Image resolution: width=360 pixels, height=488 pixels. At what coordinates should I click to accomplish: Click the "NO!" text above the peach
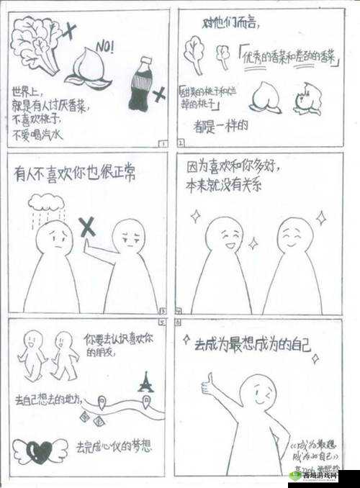click(x=105, y=47)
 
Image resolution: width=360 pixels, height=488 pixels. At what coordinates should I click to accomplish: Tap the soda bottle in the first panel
click(x=139, y=86)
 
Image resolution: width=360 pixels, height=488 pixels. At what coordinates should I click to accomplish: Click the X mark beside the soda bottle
click(x=160, y=92)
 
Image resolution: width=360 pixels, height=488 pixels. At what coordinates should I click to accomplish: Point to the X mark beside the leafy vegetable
click(x=70, y=30)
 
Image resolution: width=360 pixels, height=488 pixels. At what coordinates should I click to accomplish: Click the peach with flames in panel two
click(x=308, y=99)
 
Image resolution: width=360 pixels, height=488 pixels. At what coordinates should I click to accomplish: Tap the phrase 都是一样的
click(x=220, y=125)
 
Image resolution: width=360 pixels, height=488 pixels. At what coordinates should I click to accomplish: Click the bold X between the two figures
click(x=87, y=228)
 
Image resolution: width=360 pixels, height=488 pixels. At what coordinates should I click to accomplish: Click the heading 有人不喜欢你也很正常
click(x=76, y=173)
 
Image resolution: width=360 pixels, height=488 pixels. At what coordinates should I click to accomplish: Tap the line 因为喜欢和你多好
click(x=234, y=167)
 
